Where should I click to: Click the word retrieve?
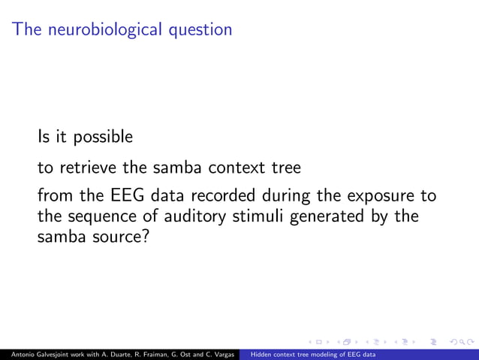point(83,168)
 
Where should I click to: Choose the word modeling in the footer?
point(325,353)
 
